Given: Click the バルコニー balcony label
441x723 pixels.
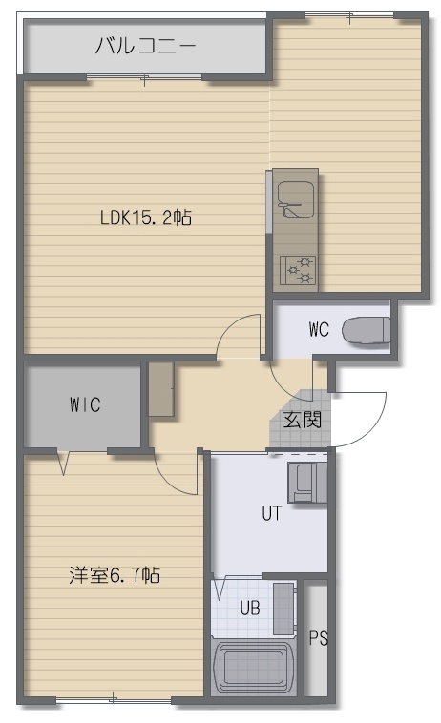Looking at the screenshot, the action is point(145,46).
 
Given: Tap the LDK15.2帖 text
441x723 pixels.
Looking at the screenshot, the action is point(146,217).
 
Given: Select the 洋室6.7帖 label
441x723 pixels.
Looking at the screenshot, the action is point(115,575).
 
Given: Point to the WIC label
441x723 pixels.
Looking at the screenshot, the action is point(85,404).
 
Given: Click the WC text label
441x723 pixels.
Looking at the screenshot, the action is point(319,329).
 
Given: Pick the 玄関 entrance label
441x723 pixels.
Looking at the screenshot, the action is point(303,419).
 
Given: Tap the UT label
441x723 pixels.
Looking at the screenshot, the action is point(271,513).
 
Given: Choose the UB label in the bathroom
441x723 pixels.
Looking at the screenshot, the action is point(250,609).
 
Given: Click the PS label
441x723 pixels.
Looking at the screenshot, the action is point(318,638).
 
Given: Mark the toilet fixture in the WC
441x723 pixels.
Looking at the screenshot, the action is point(367,330).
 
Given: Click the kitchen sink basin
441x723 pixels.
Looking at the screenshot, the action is point(296,199).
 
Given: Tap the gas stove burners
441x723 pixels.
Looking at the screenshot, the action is point(298,270).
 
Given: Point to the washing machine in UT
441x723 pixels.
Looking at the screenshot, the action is point(307,482).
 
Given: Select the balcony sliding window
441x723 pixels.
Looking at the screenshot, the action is point(144,77).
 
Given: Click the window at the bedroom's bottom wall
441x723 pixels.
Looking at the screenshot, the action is point(114,700).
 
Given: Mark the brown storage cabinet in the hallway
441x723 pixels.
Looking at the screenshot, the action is point(161,389).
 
